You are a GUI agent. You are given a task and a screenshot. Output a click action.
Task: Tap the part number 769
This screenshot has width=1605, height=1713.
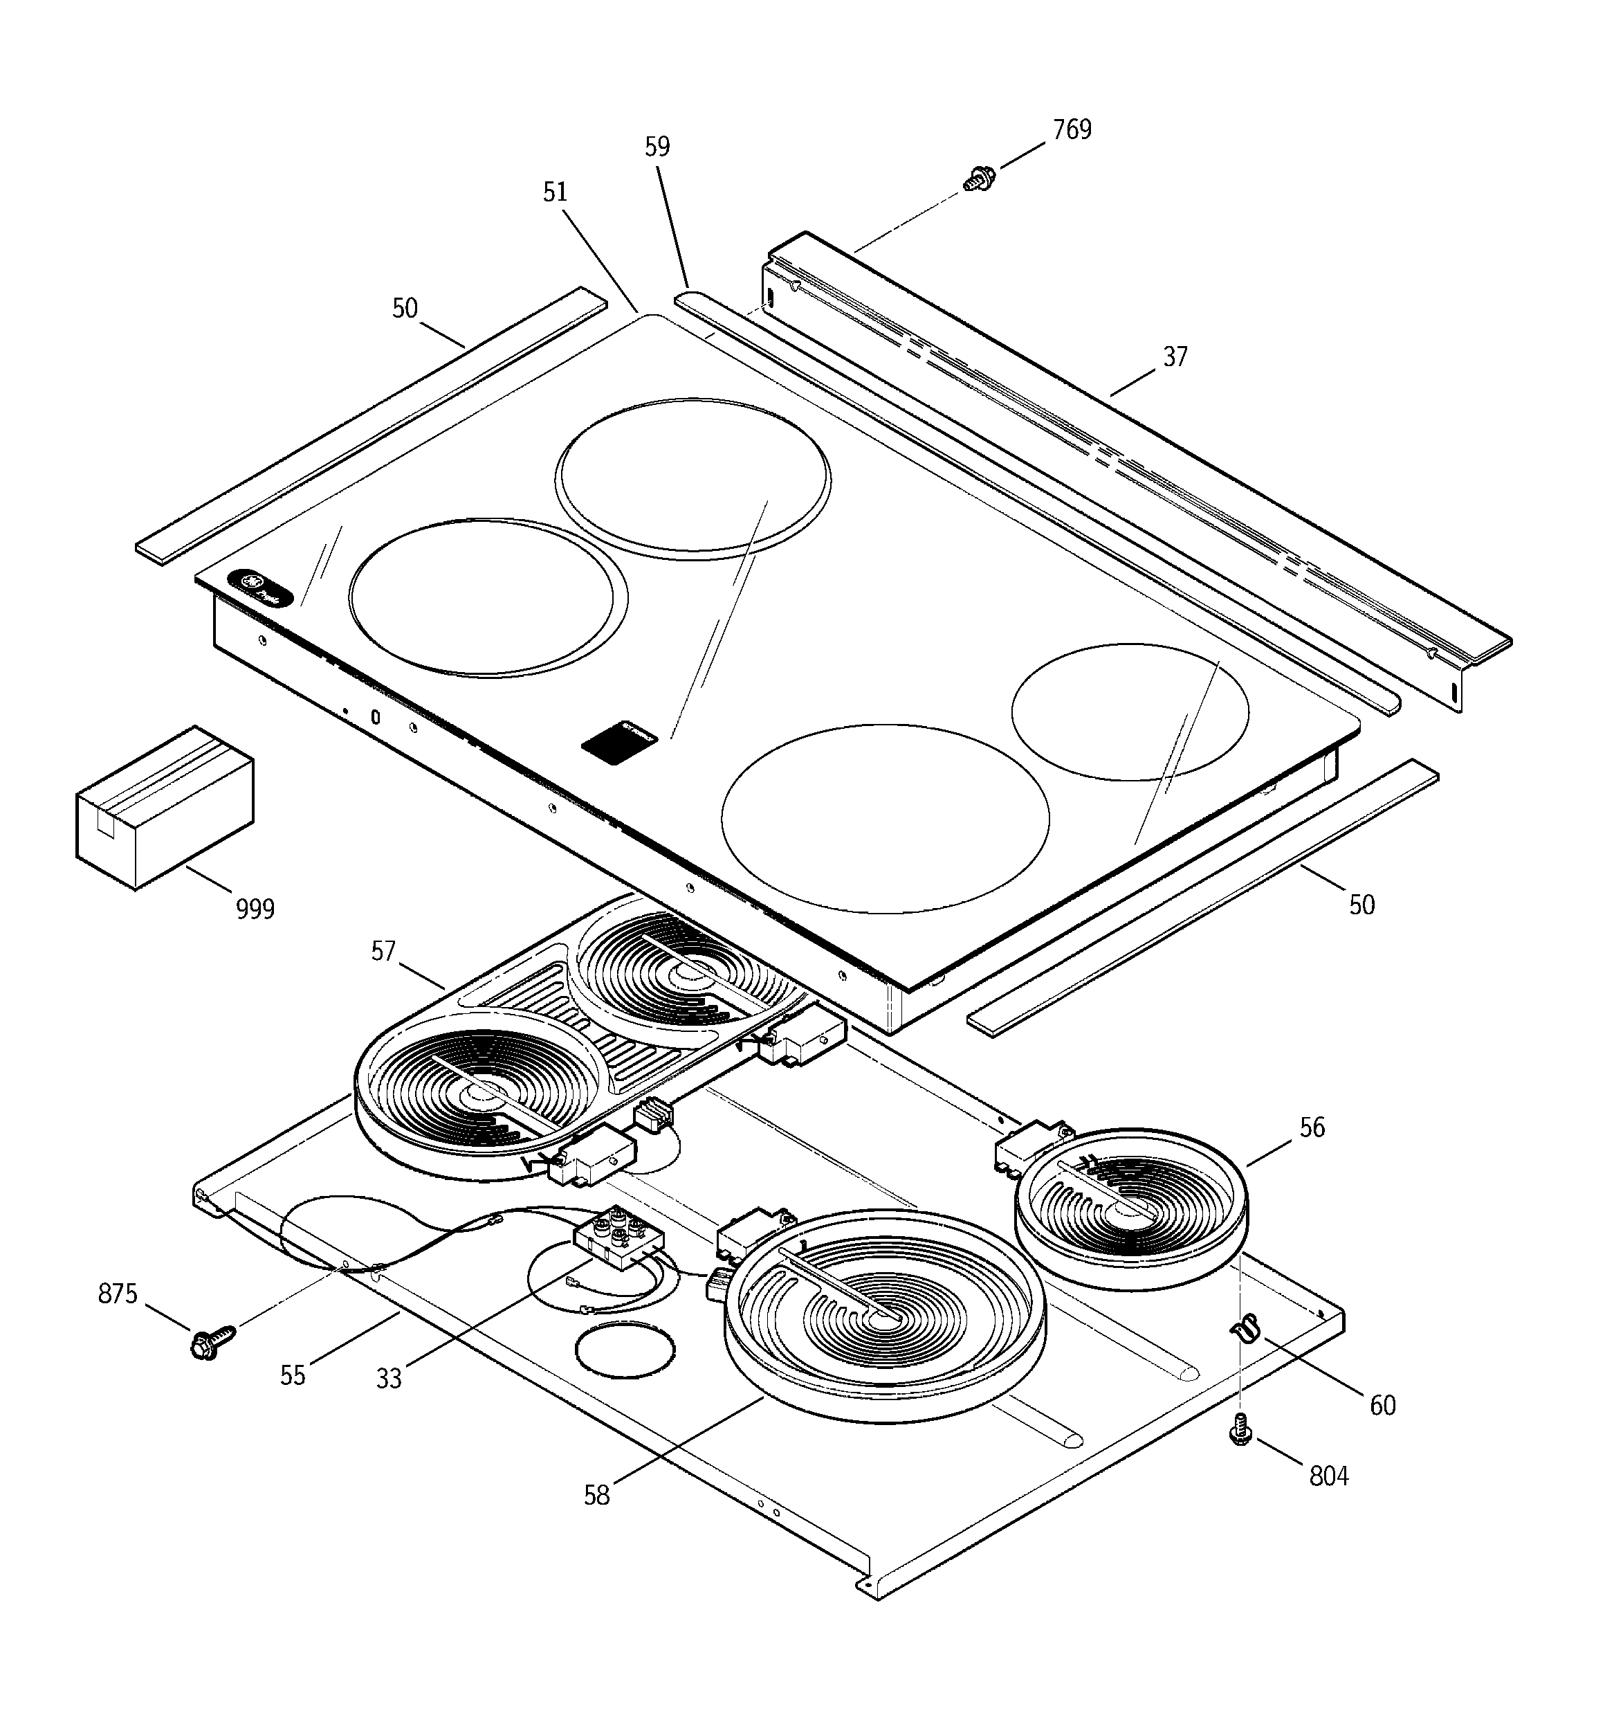click(1072, 129)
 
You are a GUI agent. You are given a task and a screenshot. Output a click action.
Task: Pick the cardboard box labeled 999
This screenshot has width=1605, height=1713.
click(165, 808)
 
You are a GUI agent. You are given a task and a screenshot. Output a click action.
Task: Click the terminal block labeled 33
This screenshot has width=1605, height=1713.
click(619, 1238)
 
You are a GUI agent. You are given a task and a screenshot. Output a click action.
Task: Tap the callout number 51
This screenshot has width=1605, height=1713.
click(555, 192)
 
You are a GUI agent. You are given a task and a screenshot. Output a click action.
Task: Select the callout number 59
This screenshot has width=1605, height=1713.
click(657, 147)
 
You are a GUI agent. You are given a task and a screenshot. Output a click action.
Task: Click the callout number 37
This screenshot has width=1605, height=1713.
click(1175, 356)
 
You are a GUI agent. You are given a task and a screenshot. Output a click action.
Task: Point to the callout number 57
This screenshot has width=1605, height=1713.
click(383, 951)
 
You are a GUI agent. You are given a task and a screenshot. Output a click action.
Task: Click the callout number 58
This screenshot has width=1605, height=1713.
click(596, 1495)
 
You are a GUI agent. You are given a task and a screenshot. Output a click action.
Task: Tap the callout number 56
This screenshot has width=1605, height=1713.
click(1312, 1127)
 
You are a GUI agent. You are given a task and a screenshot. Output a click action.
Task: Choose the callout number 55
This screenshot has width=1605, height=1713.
click(293, 1375)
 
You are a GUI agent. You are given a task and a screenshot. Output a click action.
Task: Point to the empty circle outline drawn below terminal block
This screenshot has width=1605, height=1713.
click(624, 1351)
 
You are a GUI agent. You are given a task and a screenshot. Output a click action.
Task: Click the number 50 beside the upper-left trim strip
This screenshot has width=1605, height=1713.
click(405, 309)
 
